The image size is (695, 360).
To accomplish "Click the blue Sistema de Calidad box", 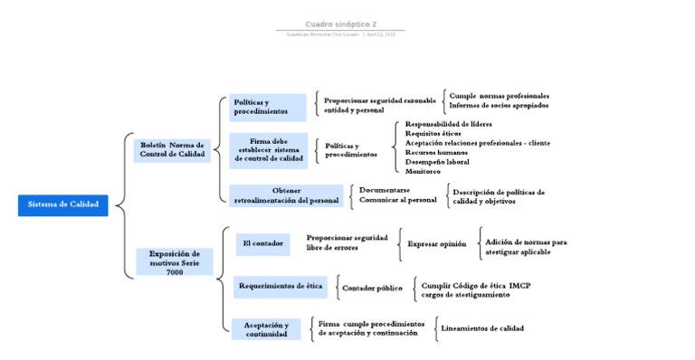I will point(62,205).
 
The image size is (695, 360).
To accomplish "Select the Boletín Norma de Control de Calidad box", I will point(173,150).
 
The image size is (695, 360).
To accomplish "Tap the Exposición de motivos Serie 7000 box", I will point(175,262).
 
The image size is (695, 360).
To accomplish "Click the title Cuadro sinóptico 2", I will point(340,24).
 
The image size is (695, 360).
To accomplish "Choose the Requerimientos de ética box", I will point(280,287).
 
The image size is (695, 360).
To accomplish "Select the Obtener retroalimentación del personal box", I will point(286,195).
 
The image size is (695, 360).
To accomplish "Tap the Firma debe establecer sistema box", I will point(268,150).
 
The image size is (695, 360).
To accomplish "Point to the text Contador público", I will point(372,289).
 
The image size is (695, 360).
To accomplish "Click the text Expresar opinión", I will point(436,244).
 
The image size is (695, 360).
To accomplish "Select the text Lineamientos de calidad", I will point(481,328).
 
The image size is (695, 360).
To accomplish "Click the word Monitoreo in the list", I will point(423,172).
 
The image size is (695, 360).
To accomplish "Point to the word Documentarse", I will point(384,190).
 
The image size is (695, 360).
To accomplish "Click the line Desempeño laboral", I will point(437,162).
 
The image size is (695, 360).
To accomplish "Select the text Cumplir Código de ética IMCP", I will point(476,285).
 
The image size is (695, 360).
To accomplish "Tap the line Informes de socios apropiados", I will point(499,105).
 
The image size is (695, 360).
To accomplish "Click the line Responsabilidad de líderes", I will point(449,123).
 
